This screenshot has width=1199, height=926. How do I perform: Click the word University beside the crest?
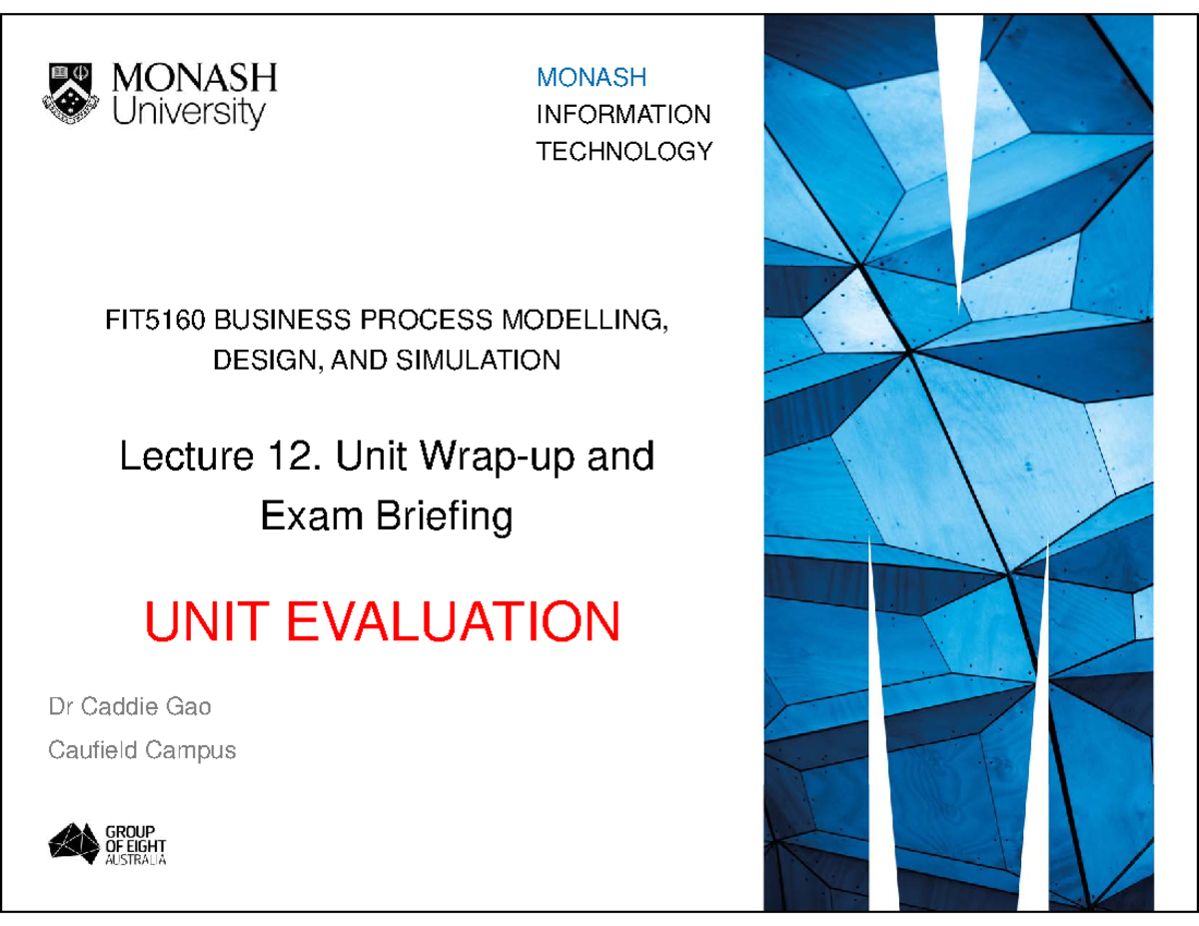click(190, 112)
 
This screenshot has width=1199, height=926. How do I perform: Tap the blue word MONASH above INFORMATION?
click(592, 77)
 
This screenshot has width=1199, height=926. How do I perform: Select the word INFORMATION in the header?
click(623, 114)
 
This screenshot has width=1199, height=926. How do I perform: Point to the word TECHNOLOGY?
click(624, 152)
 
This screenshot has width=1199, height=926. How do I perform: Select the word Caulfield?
click(92, 749)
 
